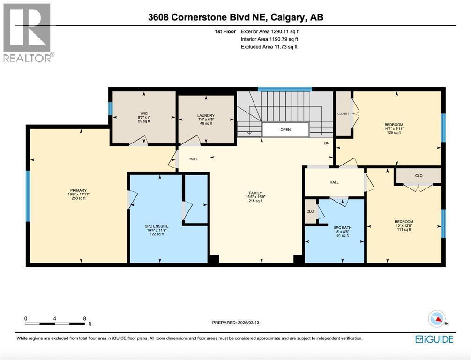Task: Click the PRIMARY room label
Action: click(x=78, y=190)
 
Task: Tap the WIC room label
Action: click(x=144, y=113)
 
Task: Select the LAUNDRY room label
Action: click(x=206, y=115)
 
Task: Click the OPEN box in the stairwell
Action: click(x=285, y=130)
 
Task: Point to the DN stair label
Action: click(x=327, y=143)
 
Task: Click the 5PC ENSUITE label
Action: click(x=157, y=226)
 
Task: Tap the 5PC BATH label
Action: click(x=343, y=228)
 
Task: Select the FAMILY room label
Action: click(x=255, y=193)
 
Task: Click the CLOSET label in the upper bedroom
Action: click(x=344, y=113)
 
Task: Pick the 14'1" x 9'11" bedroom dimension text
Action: click(x=394, y=128)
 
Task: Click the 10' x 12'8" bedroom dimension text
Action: click(x=404, y=225)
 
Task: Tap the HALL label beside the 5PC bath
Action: click(x=334, y=182)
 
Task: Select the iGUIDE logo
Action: click(x=434, y=339)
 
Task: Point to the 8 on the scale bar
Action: click(x=85, y=319)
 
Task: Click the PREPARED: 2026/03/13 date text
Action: click(x=235, y=322)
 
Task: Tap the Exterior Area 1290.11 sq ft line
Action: click(x=270, y=31)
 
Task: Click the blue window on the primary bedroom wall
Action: click(x=28, y=196)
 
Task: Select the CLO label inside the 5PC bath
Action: click(x=310, y=211)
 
